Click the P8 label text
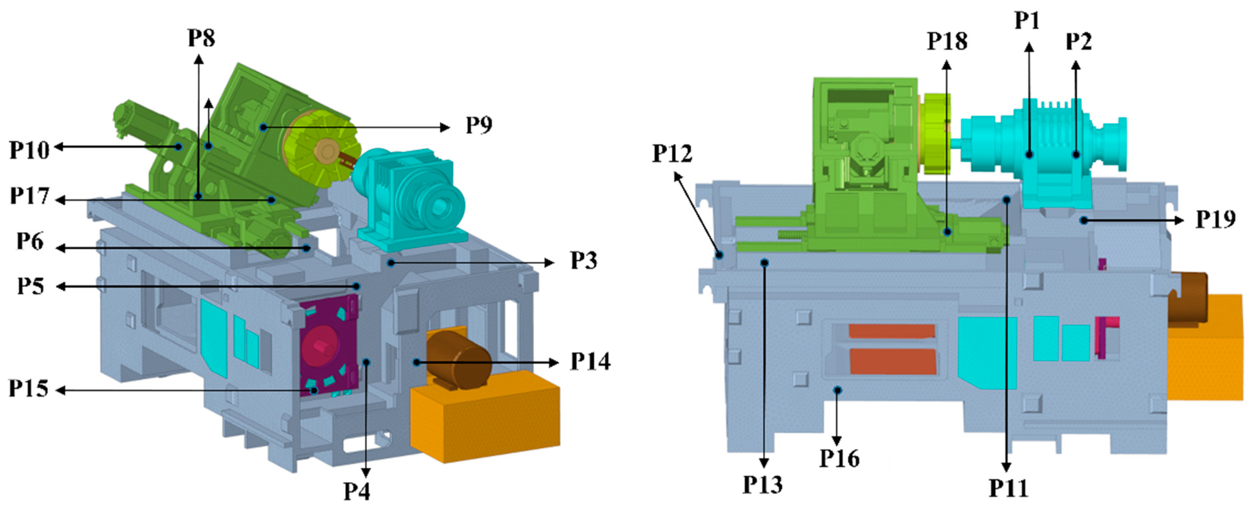click(x=201, y=38)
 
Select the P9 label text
click(x=479, y=125)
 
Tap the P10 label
click(x=29, y=150)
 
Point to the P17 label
click(x=29, y=196)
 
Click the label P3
click(x=583, y=261)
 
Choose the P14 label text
click(x=590, y=362)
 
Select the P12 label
click(x=672, y=153)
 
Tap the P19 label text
click(x=1215, y=220)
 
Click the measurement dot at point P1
click(x=1029, y=155)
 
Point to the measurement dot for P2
click(x=1076, y=155)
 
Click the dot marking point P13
click(x=764, y=263)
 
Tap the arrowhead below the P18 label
click(x=946, y=65)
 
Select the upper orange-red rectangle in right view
click(x=891, y=331)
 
